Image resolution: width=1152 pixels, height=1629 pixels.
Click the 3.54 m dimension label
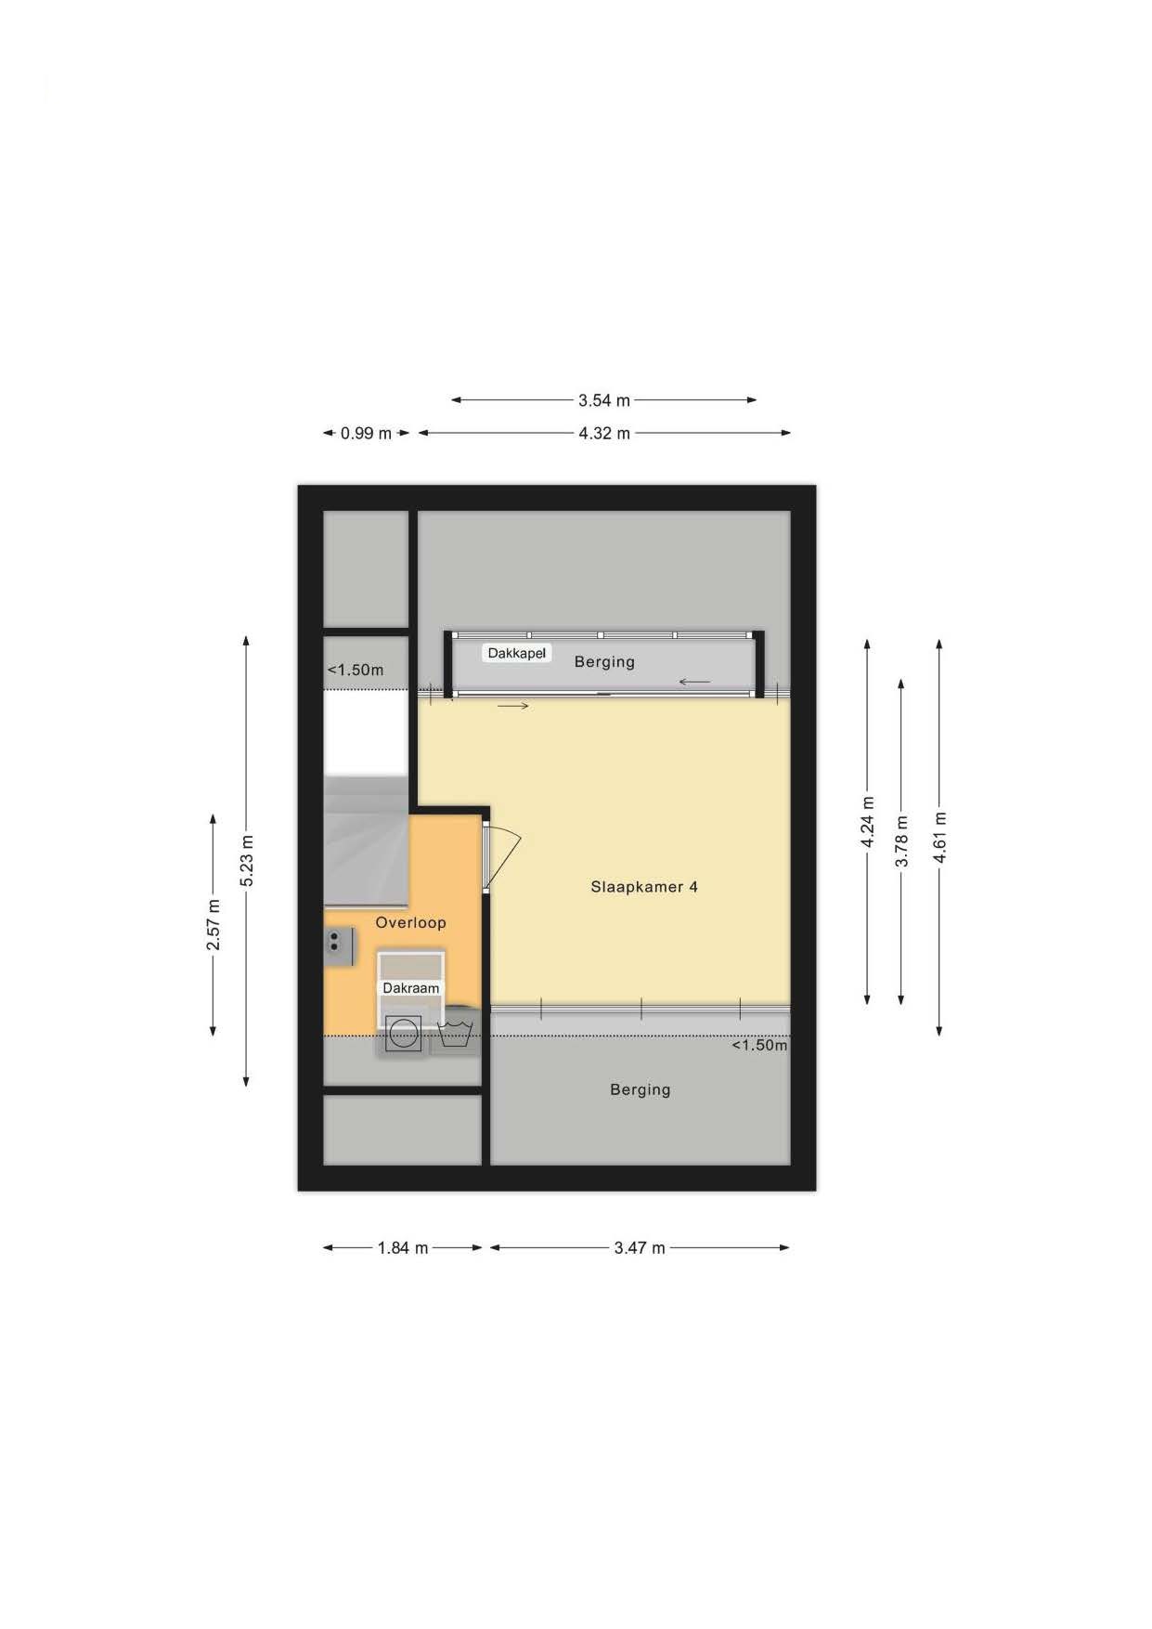603,400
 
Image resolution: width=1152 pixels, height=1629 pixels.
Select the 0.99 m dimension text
366,433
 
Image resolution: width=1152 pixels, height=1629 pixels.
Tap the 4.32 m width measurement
603,433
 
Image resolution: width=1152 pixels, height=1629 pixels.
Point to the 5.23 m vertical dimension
247,861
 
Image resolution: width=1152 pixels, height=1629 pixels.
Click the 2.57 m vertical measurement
214,925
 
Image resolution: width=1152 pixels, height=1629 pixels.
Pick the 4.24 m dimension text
868,822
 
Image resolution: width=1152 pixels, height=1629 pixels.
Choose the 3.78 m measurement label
901,841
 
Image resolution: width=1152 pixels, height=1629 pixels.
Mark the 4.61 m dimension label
940,837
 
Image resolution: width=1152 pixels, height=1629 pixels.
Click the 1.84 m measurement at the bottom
402,1248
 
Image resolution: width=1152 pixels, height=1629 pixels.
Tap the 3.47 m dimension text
639,1248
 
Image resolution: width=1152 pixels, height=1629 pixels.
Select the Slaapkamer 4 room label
644,887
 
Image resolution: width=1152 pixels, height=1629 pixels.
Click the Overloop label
410,922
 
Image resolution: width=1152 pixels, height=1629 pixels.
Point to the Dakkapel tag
517,653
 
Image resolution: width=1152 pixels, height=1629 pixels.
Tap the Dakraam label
411,988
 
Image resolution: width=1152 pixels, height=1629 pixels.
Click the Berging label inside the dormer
604,662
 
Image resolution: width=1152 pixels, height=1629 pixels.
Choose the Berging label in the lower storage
640,1089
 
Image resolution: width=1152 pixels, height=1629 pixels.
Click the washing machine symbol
403,1034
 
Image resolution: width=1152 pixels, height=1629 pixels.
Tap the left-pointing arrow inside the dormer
694,683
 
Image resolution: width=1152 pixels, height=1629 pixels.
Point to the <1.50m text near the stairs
356,670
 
